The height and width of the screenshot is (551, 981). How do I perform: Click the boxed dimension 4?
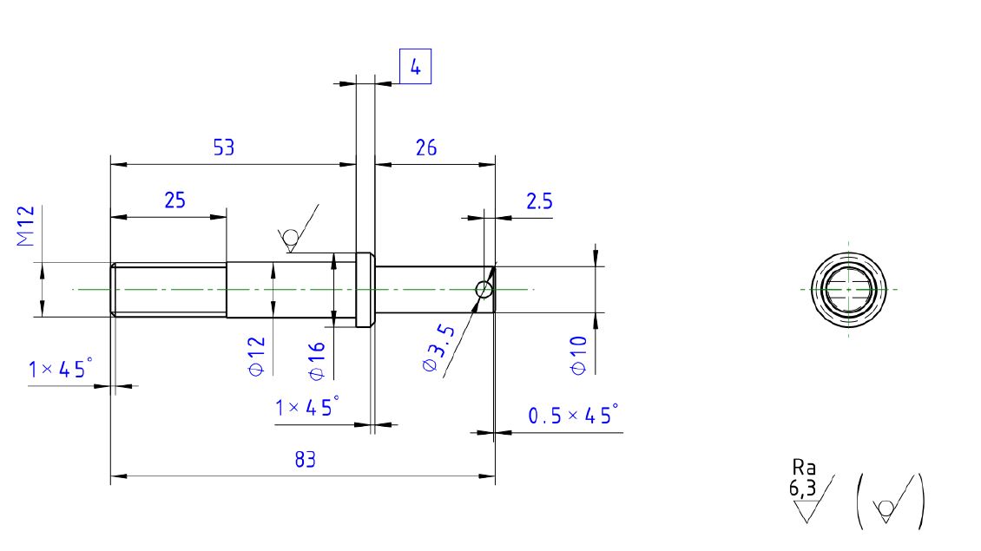click(415, 68)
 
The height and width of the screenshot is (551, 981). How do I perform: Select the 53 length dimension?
click(224, 148)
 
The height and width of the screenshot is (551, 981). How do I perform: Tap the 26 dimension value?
click(426, 148)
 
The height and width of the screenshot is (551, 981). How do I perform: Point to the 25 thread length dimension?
click(174, 200)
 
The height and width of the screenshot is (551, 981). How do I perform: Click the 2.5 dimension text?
click(539, 201)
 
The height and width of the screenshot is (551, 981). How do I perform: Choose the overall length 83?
click(304, 460)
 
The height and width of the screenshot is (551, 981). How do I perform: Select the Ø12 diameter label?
click(256, 356)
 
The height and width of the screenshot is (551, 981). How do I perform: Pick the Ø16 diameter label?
click(317, 360)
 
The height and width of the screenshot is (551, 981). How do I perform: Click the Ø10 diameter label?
click(579, 355)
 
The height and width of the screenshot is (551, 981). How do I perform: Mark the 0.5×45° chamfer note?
click(574, 416)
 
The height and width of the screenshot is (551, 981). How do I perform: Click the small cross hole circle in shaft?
click(484, 289)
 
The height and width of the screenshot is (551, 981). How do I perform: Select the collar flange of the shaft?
click(365, 290)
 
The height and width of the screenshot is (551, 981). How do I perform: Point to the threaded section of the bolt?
click(169, 290)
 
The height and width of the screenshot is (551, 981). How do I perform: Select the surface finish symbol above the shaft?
click(297, 232)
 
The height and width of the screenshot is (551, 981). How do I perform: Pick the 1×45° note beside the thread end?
click(59, 370)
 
